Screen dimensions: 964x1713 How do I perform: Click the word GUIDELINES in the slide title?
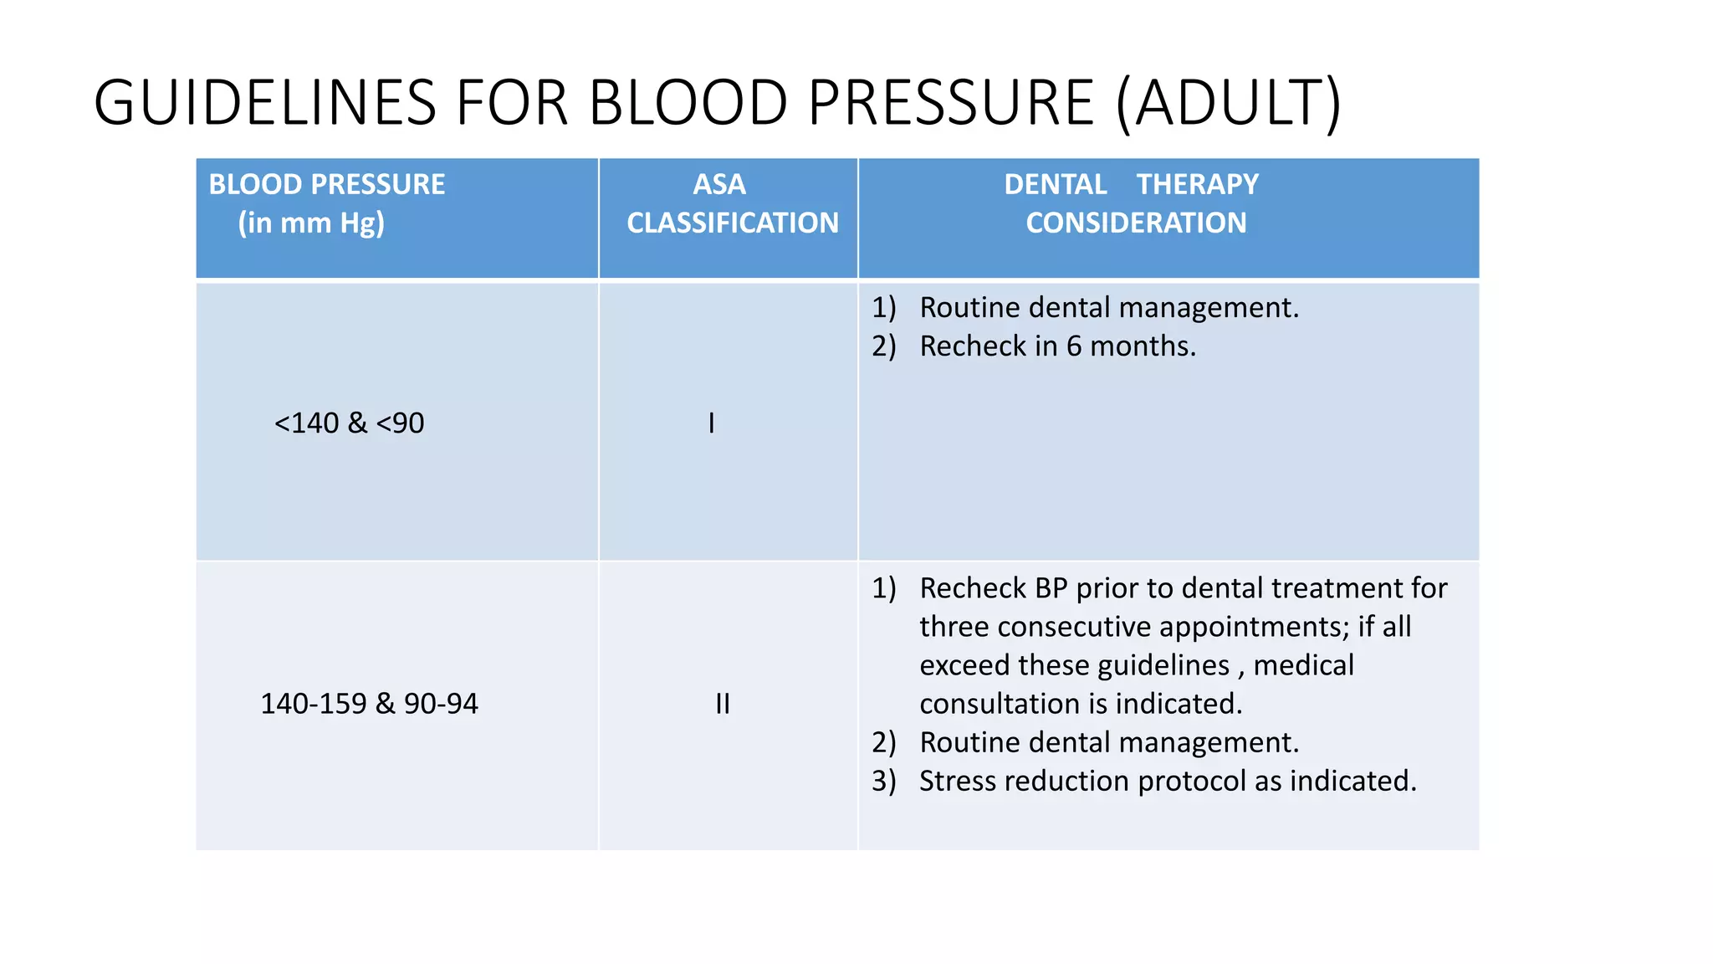(x=264, y=103)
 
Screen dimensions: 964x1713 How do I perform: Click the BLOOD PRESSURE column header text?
(x=326, y=184)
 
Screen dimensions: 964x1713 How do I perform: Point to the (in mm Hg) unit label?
(x=311, y=223)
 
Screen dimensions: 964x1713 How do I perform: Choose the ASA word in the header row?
(x=719, y=184)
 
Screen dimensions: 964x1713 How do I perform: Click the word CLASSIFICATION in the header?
(x=733, y=223)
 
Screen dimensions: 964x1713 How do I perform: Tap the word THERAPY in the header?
(x=1197, y=184)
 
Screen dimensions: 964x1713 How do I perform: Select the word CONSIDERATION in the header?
(x=1136, y=223)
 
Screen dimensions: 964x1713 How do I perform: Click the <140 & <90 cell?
(x=349, y=423)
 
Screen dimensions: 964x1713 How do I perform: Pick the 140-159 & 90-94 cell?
(x=369, y=704)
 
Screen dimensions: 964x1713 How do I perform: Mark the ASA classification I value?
(x=711, y=423)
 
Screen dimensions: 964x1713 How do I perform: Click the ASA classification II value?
(x=723, y=704)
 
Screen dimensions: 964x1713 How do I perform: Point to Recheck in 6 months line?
(x=1057, y=346)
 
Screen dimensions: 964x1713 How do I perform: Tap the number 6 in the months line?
(x=1074, y=346)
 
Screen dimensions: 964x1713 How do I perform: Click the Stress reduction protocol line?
(x=1168, y=781)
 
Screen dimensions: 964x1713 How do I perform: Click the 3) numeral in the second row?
(x=883, y=781)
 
